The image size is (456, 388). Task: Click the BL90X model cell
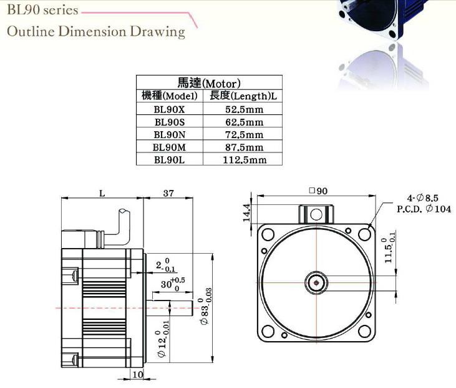pos(169,109)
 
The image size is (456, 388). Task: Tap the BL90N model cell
pos(169,134)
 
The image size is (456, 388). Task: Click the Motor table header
pos(209,82)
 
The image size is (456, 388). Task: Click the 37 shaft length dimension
pos(168,193)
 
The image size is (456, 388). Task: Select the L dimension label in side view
pos(102,193)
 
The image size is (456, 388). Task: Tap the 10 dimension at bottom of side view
pos(137,374)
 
